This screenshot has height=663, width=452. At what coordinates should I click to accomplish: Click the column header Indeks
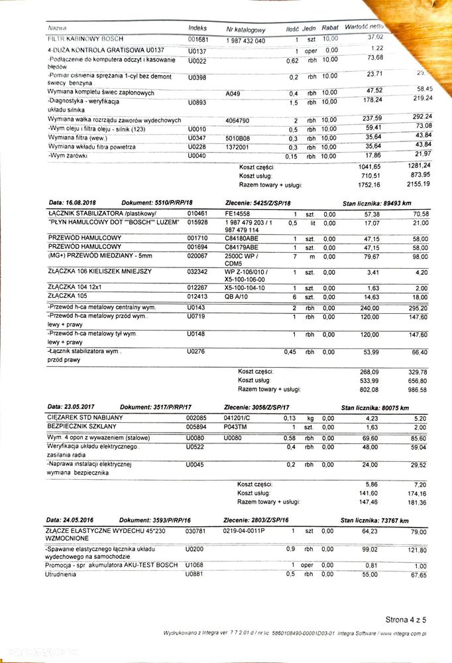pos(198,29)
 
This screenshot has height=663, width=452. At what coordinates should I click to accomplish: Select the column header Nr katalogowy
pos(246,30)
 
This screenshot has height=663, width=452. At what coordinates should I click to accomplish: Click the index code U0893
pos(197,102)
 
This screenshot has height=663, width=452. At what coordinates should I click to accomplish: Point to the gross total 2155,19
pos(419,184)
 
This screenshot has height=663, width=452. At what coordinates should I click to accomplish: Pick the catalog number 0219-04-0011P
pos(245,532)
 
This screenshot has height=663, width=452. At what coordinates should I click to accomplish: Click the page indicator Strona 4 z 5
pos(406,619)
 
